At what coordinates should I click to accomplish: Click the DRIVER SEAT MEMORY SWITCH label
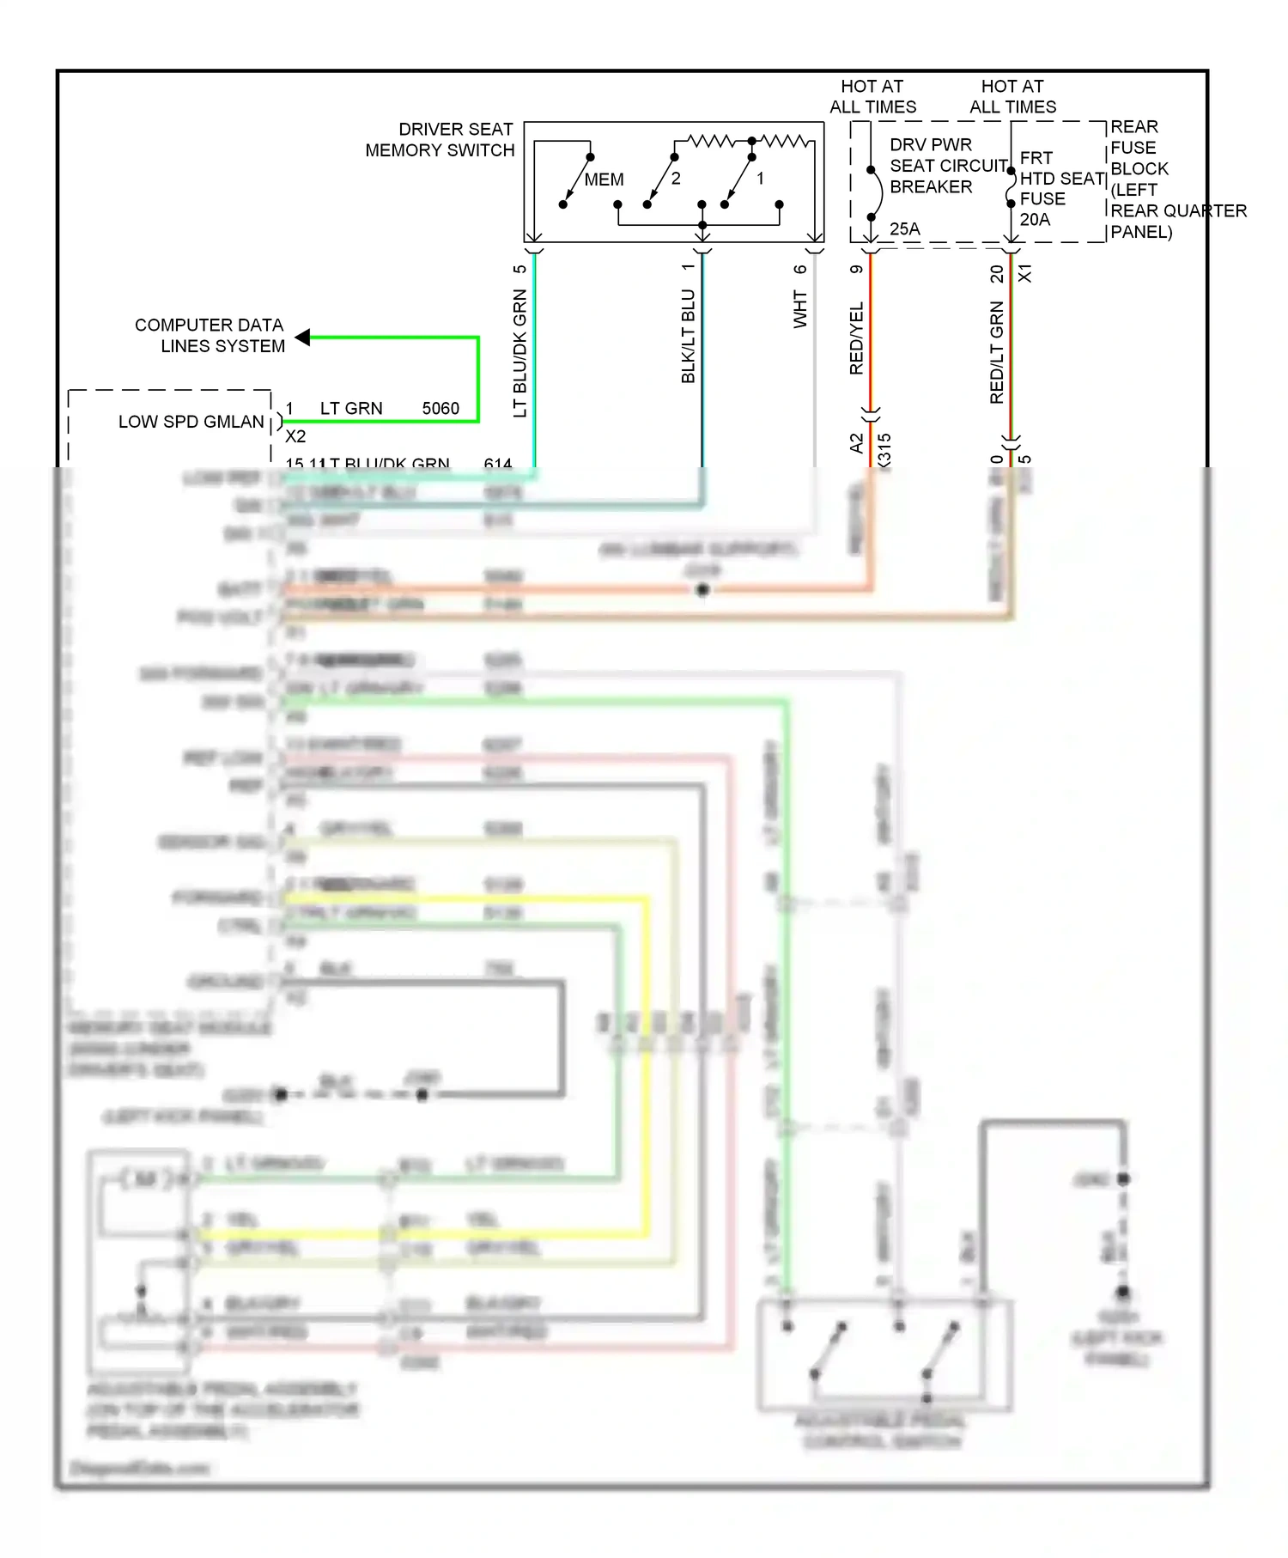(x=440, y=140)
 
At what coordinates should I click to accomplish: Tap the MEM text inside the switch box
(x=604, y=180)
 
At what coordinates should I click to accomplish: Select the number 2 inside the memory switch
(x=676, y=179)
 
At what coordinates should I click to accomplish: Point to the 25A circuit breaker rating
(x=904, y=229)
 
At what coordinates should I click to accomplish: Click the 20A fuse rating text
(x=1035, y=220)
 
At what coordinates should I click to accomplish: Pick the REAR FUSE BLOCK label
(x=1139, y=148)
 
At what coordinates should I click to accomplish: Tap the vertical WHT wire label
(x=800, y=308)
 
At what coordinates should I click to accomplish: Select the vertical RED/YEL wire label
(x=856, y=338)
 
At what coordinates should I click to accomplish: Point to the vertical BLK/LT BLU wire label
(x=688, y=336)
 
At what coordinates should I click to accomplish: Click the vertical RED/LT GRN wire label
(x=997, y=352)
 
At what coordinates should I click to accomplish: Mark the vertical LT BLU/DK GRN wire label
(x=519, y=353)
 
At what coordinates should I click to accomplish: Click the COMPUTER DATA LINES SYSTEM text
(x=210, y=336)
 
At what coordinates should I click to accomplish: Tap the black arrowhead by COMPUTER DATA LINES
(x=303, y=338)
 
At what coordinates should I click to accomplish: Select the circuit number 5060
(x=440, y=409)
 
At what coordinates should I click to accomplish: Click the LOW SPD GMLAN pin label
(x=191, y=422)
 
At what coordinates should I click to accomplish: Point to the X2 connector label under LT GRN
(x=295, y=436)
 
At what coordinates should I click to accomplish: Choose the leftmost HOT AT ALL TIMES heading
(x=872, y=96)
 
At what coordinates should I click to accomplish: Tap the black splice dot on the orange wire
(x=702, y=590)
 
